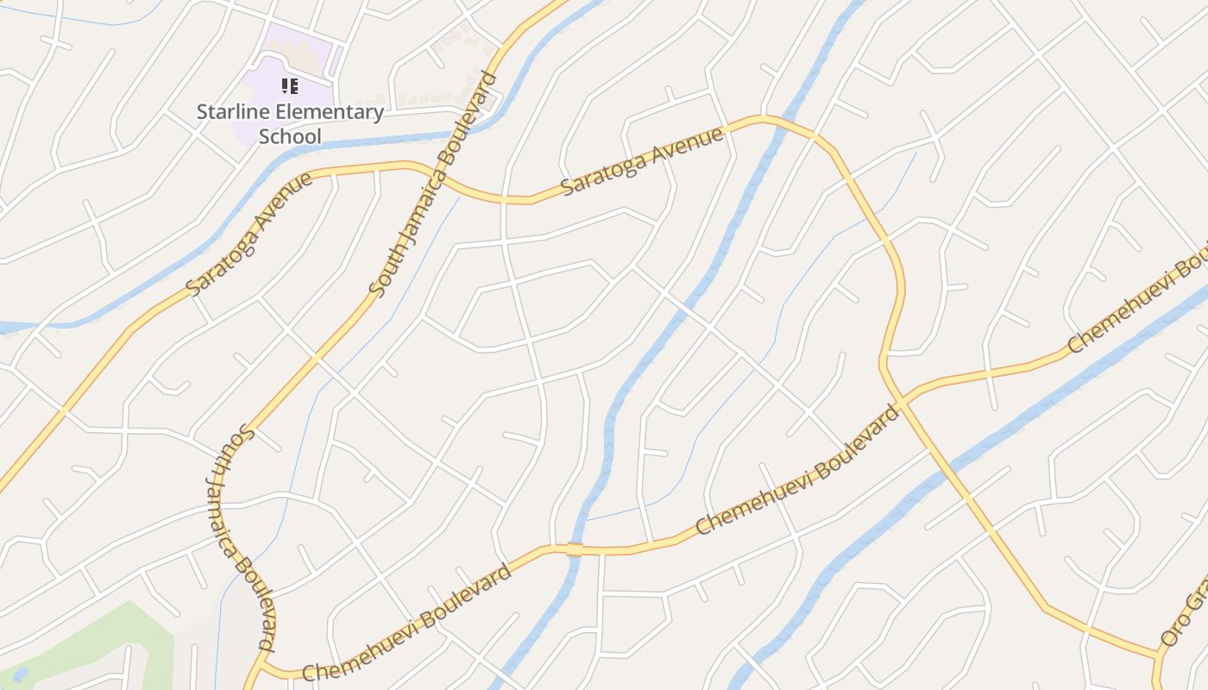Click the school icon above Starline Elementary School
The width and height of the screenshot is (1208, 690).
click(x=290, y=85)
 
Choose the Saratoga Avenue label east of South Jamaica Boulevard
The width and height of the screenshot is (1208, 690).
click(x=642, y=162)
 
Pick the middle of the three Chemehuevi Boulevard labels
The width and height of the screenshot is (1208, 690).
click(x=797, y=470)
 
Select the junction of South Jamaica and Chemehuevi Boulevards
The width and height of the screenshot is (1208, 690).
click(x=262, y=666)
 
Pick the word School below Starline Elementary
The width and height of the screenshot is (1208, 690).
click(x=290, y=136)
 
